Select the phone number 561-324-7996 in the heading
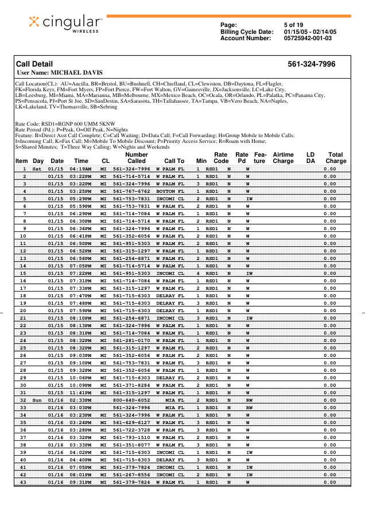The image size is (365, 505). coord(311,64)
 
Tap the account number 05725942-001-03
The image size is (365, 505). coord(308,38)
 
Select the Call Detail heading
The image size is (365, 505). coord(34,64)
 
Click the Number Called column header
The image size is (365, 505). coord(136,158)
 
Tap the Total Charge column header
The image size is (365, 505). coord(336,158)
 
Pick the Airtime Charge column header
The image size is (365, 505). coord(283,158)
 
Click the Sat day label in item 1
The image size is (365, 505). coord(37,169)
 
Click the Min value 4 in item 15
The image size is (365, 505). coord(198,273)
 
